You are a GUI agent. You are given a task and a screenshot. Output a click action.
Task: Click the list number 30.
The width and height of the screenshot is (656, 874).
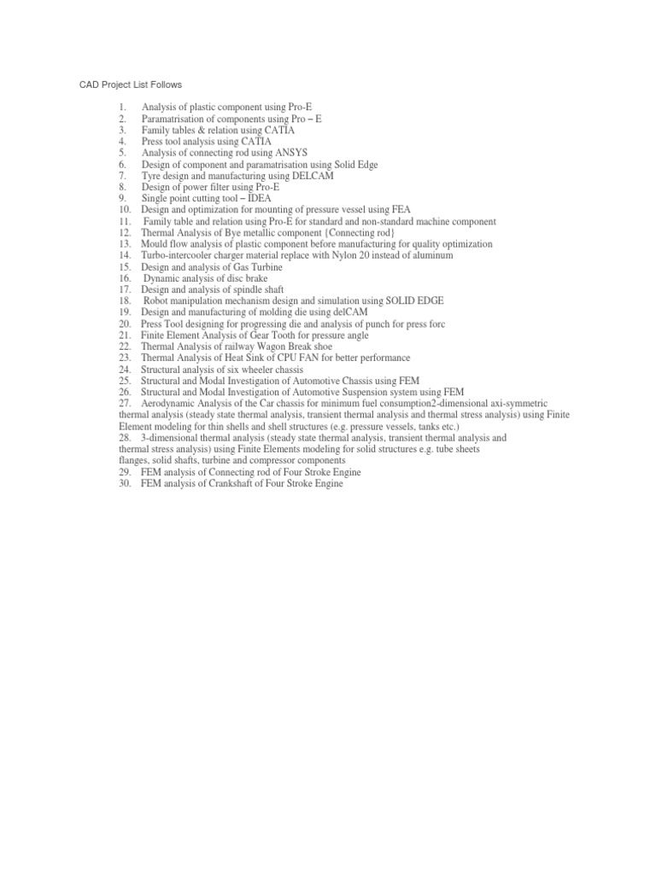tap(125, 483)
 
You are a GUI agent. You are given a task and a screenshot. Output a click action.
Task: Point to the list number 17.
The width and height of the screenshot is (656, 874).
tap(125, 289)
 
